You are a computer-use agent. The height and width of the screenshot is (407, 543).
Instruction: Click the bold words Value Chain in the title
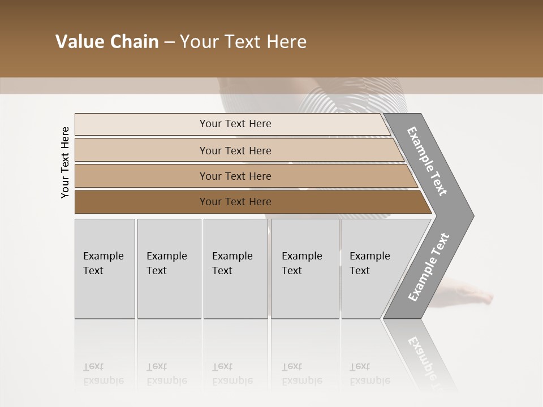107,42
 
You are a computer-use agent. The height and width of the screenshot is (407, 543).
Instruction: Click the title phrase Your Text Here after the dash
243,42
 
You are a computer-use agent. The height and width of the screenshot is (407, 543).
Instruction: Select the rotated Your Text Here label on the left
65,162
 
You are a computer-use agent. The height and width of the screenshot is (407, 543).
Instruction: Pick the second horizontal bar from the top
235,150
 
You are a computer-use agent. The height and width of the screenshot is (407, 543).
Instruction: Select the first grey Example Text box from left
105,268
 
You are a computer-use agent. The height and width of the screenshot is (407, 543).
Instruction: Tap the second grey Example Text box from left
169,268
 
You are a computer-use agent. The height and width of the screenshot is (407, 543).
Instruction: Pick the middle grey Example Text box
235,268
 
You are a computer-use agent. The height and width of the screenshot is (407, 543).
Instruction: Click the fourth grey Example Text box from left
305,268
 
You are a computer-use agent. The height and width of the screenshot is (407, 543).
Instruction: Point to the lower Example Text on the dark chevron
429,267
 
